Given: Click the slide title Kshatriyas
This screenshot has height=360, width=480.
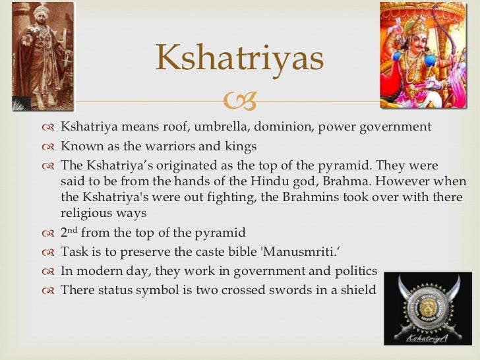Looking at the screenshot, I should (x=239, y=59).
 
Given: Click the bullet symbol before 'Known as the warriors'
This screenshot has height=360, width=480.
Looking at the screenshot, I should (x=48, y=146).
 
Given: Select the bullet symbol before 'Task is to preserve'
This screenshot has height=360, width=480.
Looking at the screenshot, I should (x=48, y=252).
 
